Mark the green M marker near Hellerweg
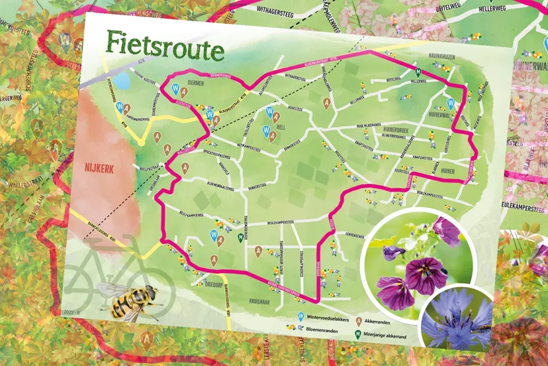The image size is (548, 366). [x=418, y=72]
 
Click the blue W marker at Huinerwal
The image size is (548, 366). [x=450, y=102]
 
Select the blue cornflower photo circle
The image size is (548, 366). [x=457, y=316]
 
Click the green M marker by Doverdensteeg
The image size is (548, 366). [x=240, y=239]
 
